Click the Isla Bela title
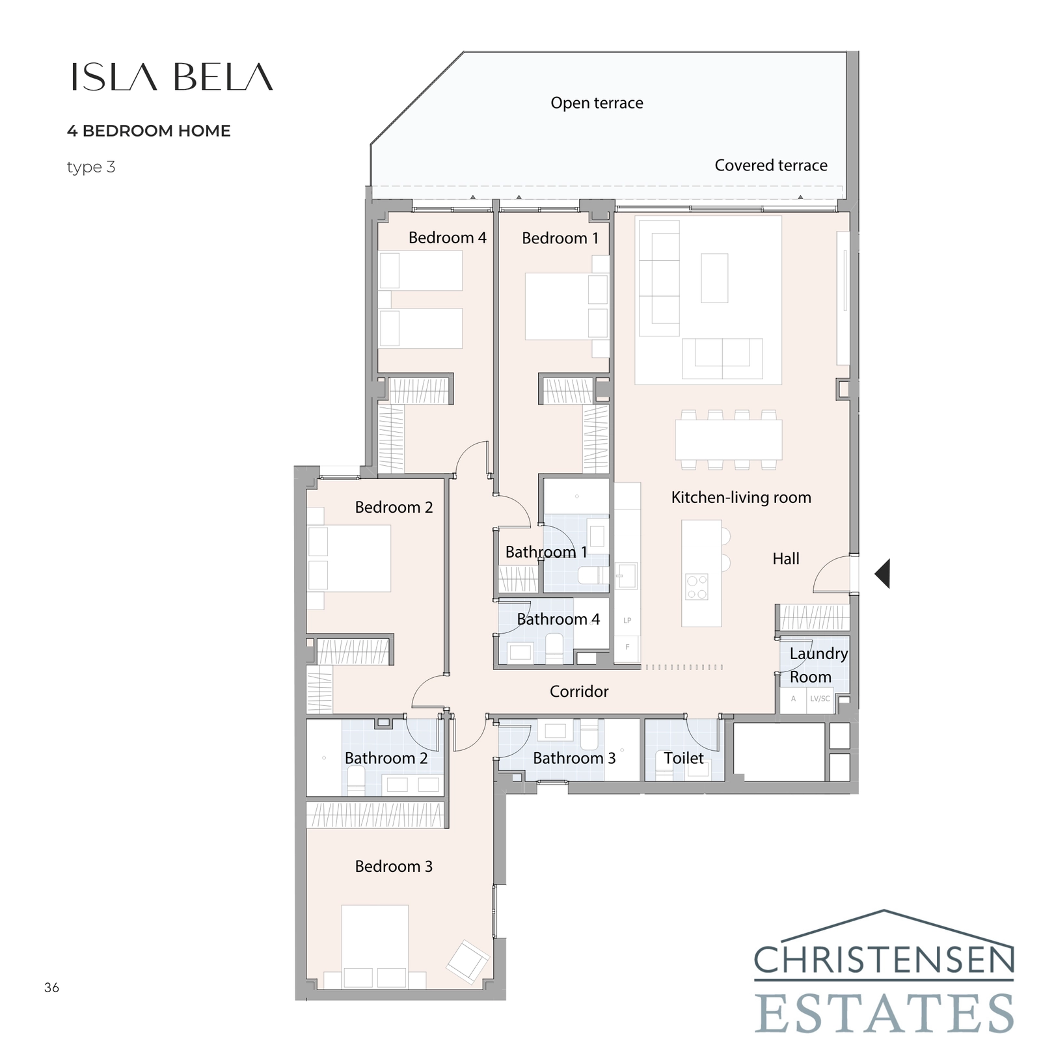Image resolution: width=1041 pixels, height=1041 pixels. click(172, 77)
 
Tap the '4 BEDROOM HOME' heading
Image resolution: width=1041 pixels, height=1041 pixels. click(148, 131)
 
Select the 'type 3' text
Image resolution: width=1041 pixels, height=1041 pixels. click(91, 167)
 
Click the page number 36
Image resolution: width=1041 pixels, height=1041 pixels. click(51, 988)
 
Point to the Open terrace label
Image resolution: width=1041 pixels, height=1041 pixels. click(597, 103)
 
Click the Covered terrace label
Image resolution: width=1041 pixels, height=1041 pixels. click(771, 165)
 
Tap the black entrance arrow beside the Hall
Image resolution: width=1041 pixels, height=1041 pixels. click(882, 574)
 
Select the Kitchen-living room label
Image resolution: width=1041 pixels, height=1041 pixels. click(741, 498)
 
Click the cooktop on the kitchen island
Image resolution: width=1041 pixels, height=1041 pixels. click(697, 587)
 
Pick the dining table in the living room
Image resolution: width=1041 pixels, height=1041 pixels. click(728, 440)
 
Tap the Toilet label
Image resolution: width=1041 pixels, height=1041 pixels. click(683, 758)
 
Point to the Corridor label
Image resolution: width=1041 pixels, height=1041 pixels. click(579, 692)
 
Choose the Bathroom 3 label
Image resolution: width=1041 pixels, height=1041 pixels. click(574, 758)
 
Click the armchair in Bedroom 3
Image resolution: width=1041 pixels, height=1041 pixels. click(467, 961)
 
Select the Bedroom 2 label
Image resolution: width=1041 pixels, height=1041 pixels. click(394, 507)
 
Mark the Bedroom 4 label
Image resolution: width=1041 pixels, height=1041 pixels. click(447, 238)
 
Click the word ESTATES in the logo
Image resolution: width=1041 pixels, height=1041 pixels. click(884, 1012)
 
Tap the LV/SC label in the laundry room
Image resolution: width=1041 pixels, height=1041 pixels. click(820, 699)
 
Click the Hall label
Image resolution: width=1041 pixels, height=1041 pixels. click(786, 559)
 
